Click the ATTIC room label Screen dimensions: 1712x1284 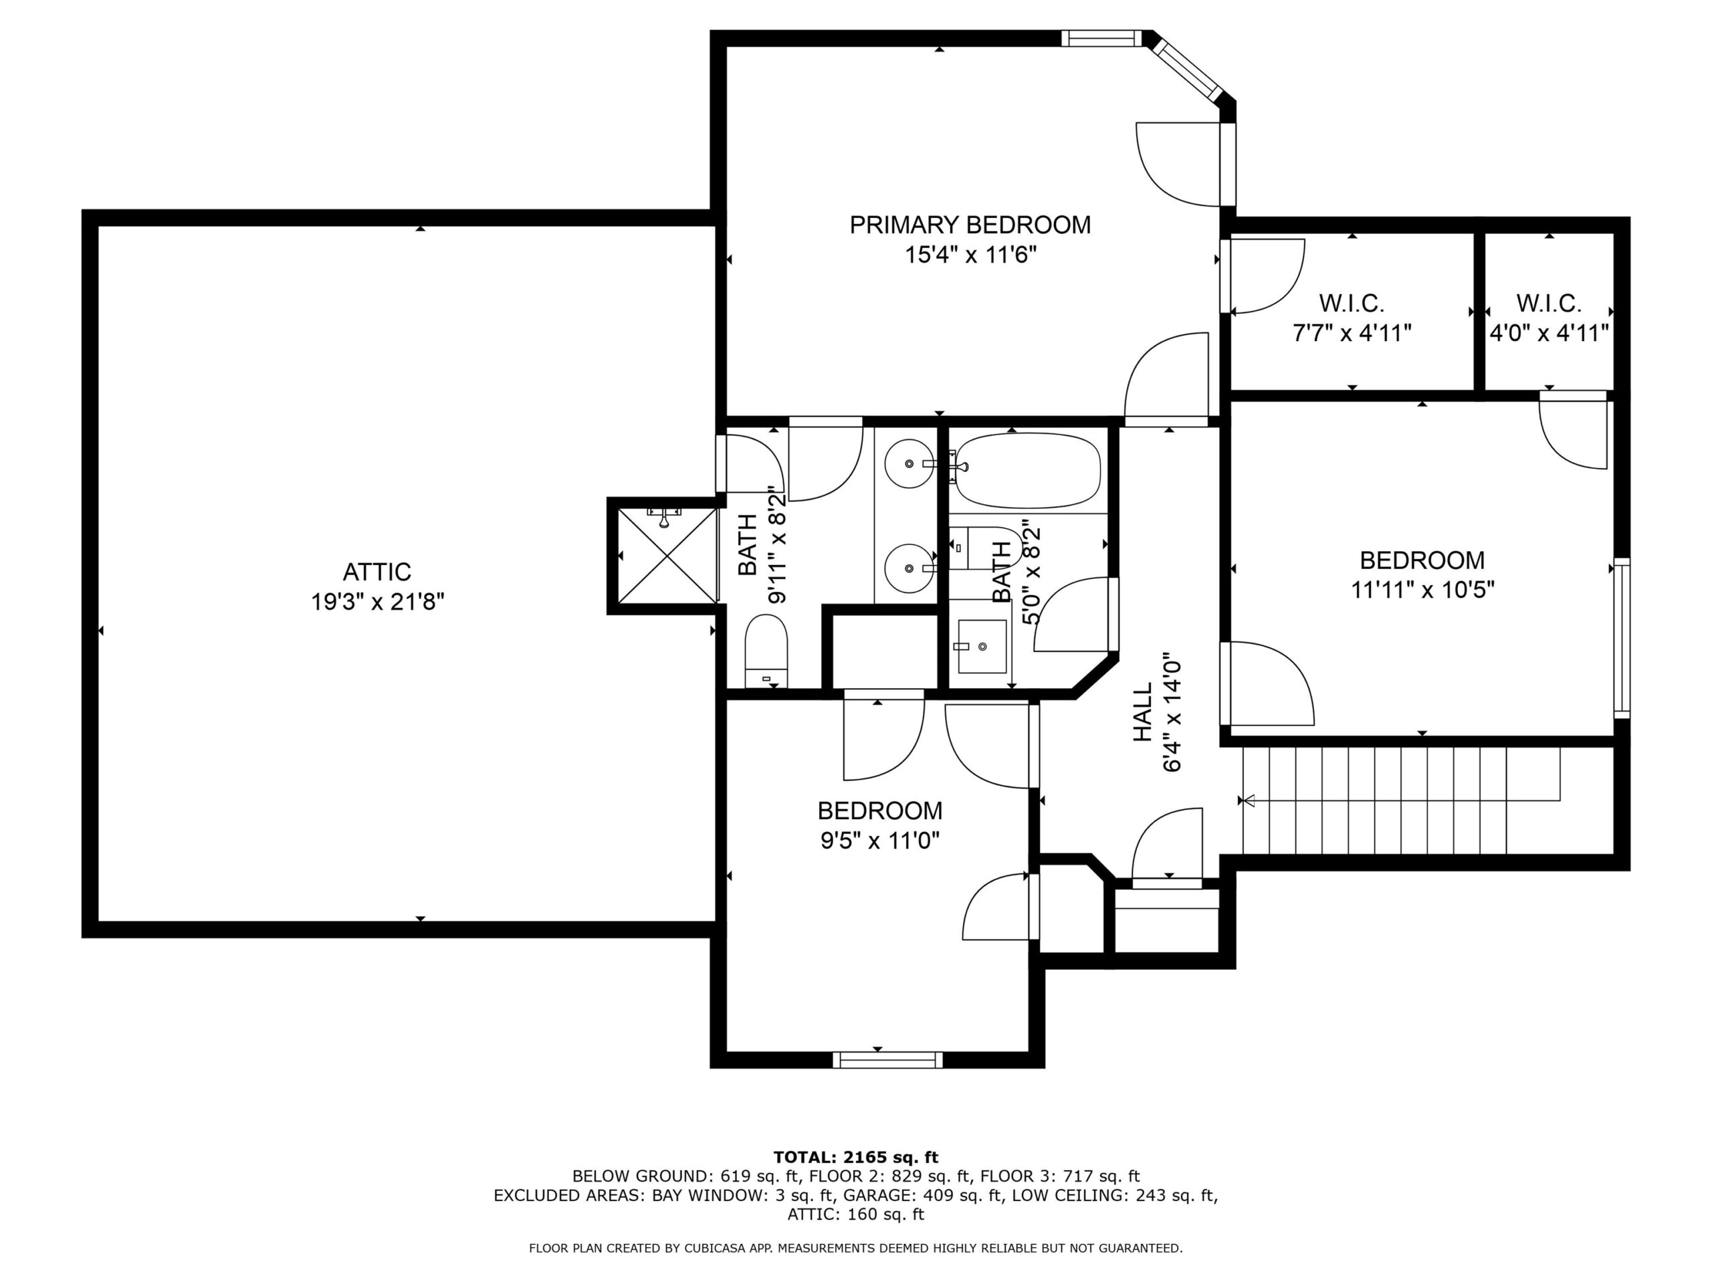(377, 572)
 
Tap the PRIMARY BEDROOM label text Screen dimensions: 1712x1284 (970, 225)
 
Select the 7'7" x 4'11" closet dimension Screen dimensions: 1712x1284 (1352, 333)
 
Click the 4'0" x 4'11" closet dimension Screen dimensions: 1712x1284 (1549, 333)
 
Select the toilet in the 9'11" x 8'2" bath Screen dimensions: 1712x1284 (766, 651)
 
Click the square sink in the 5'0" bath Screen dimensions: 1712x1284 (982, 646)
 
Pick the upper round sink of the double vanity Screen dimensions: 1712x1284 (909, 463)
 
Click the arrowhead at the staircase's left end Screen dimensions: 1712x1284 (1245, 800)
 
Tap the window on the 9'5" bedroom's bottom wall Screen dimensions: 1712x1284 (887, 1059)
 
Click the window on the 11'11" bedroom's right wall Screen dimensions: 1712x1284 (1622, 638)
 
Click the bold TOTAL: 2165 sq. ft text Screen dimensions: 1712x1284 (856, 1157)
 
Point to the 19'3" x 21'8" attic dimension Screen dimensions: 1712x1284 (378, 601)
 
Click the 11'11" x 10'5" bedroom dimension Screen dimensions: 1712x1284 (1422, 590)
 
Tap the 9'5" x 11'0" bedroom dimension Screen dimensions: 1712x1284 (880, 841)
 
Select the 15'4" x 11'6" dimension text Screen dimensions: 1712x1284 (970, 255)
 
